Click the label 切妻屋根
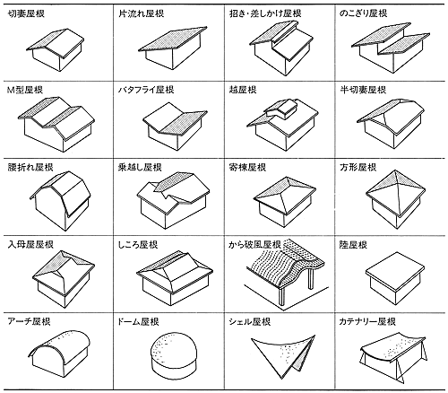pos(26,13)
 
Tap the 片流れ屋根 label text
pos(141,13)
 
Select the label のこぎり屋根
pos(363,13)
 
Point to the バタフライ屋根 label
pos(146,90)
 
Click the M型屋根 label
pos(25,90)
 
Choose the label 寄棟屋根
pos(247,167)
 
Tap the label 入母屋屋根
pos(30,245)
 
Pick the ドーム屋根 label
pos(138,322)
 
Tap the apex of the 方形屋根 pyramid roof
pos(395,170)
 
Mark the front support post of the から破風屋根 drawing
pos(281,297)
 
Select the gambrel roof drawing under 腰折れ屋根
pos(60,201)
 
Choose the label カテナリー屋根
pos(367,322)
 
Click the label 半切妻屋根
pos(363,90)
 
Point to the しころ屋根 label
pos(138,245)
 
